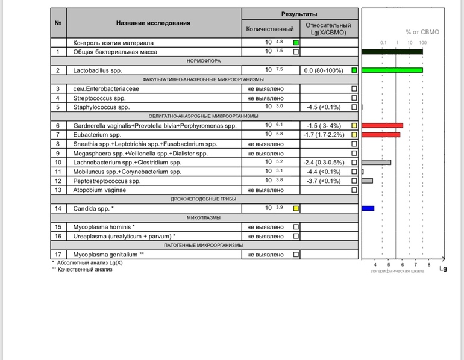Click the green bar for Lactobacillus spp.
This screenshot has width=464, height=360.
(x=392, y=70)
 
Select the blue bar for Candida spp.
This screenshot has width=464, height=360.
(x=368, y=208)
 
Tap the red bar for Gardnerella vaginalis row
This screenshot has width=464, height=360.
(x=382, y=125)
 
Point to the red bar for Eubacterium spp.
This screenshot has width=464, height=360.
(x=380, y=134)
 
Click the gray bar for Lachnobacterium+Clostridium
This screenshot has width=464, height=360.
(x=376, y=162)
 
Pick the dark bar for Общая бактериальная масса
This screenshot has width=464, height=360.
(x=392, y=52)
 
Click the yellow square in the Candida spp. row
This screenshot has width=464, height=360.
(x=296, y=208)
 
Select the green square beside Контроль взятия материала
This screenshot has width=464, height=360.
(x=296, y=43)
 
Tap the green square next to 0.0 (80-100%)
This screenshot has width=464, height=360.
(x=354, y=70)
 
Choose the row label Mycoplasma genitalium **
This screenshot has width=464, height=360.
(x=108, y=255)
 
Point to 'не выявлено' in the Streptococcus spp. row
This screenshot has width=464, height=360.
(x=265, y=98)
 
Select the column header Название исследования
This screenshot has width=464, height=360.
(x=153, y=23)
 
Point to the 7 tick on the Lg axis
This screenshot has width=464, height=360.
(x=415, y=265)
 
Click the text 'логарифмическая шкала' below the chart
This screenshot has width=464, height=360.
(x=397, y=271)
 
